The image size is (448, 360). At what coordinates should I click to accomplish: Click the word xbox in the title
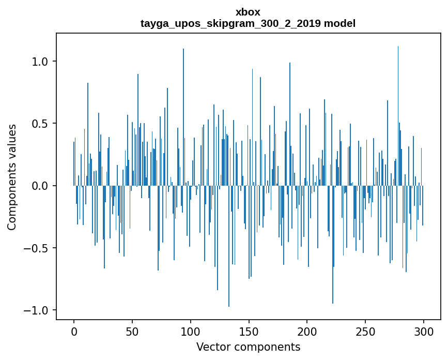248,12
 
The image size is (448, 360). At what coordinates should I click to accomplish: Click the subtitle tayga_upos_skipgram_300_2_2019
230,23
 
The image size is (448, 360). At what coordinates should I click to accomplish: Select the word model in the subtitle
339,23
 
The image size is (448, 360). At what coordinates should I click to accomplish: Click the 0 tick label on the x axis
74,332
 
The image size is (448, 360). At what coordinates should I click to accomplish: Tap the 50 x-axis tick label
132,332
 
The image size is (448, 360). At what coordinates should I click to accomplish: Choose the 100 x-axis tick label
190,332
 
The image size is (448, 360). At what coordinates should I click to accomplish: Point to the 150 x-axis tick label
249,332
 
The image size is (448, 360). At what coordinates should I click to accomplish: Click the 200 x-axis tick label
307,332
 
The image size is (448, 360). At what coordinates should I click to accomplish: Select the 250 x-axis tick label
365,332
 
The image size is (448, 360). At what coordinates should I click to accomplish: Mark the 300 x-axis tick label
423,332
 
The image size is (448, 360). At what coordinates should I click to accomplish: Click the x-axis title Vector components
248,347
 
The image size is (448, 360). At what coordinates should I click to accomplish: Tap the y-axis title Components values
12,177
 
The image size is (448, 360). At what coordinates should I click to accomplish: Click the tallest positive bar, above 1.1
398,116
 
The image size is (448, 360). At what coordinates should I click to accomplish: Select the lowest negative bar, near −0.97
229,246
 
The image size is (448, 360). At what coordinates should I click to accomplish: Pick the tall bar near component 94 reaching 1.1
183,117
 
